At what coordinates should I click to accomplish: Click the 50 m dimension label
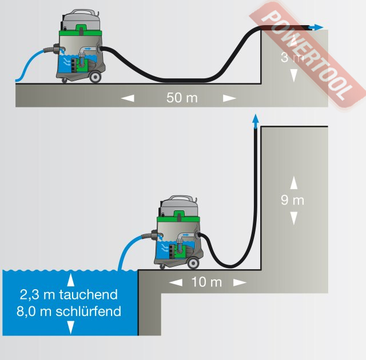coord(182,98)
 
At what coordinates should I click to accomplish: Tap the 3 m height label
coord(292,57)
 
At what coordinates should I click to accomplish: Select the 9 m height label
coord(292,200)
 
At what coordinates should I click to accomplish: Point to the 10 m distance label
coord(206,282)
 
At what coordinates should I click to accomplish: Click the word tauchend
coord(88,294)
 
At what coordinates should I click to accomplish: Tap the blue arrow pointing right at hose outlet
coord(316,27)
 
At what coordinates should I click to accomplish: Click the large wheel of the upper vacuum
coord(96,77)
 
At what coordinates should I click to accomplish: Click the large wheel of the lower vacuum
coord(193,263)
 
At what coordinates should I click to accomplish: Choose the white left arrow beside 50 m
coord(128,98)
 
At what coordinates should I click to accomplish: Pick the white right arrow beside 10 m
coord(240,283)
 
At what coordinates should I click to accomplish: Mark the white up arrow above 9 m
coord(293,182)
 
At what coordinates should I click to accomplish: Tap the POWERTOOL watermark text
coord(308,55)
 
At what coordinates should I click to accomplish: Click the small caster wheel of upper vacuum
coord(65,81)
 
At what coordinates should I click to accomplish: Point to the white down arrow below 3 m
coord(293,75)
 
